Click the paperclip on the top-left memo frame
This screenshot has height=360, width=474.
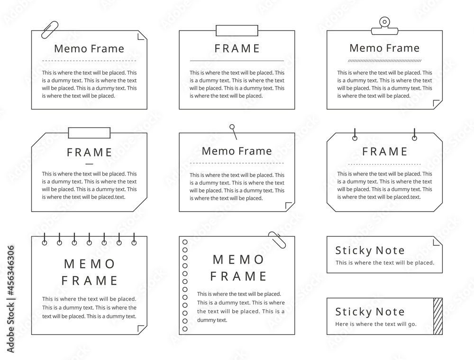coord(50,30)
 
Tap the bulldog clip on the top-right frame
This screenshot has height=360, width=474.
coord(384,26)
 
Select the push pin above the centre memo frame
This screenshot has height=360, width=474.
coord(233,131)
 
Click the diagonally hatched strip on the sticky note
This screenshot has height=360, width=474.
coord(438,316)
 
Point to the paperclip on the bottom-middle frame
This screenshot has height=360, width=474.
coord(277,240)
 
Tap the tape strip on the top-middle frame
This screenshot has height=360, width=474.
coord(237,30)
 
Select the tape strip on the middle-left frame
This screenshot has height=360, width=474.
coord(89,133)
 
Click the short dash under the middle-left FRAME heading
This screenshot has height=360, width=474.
coord(89,164)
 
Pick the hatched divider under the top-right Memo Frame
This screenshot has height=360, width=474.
coord(384,61)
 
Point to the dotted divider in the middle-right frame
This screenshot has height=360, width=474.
coord(384,164)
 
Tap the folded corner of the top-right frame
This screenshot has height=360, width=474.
coord(438,104)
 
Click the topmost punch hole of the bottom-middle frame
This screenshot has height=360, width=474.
coord(185,242)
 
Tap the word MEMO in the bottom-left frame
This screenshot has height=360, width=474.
coord(89,264)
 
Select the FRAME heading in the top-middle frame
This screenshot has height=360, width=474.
coord(237,48)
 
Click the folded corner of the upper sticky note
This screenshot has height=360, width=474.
coord(438,241)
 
